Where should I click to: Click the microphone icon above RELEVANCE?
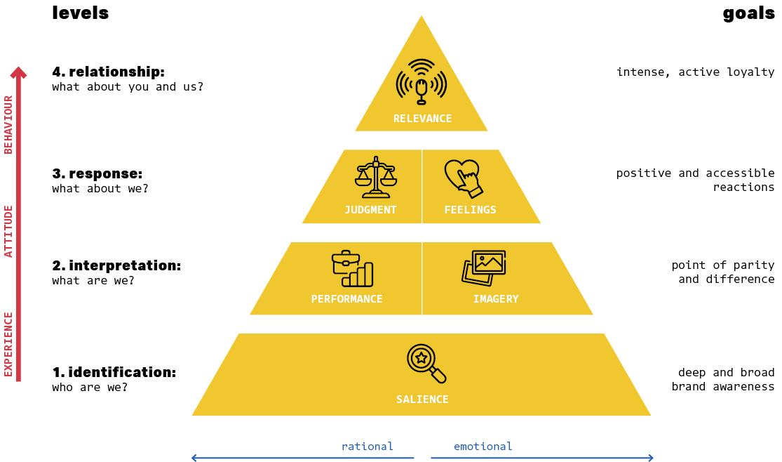tap(422, 82)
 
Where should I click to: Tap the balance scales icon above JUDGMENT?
tap(376, 177)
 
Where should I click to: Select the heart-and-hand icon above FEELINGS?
tap(464, 178)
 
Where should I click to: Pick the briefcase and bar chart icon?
tap(352, 269)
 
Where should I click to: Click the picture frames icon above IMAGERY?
tap(484, 268)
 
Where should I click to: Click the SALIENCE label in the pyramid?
tap(422, 400)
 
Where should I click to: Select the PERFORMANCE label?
tap(347, 299)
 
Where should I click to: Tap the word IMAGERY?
tap(496, 299)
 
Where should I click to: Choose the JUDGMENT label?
tap(370, 210)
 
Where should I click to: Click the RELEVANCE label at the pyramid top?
tap(422, 119)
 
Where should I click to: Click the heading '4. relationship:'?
tap(108, 72)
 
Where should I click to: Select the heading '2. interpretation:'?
tap(116, 265)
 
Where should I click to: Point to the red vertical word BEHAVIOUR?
tap(8, 124)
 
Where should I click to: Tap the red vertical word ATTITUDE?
tap(8, 231)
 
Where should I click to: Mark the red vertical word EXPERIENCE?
tap(8, 344)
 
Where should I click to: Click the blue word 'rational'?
tap(368, 447)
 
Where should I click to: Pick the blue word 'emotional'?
tap(483, 447)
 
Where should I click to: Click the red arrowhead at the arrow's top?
tap(19, 72)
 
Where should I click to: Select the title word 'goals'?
tap(748, 13)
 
